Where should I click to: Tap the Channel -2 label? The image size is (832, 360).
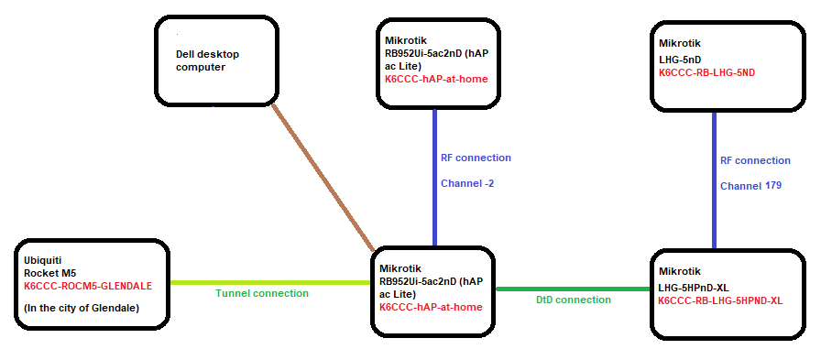(x=467, y=183)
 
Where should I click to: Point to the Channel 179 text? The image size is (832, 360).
(x=750, y=186)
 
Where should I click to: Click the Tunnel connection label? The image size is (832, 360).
(x=262, y=293)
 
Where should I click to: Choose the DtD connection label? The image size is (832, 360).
(x=573, y=300)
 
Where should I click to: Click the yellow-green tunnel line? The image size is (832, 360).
(x=266, y=282)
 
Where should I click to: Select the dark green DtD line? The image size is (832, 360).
(x=573, y=289)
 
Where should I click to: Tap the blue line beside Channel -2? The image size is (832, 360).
(x=434, y=174)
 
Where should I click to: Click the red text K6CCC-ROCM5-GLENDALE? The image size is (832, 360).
(x=88, y=286)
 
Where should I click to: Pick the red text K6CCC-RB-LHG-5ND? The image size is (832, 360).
(x=706, y=71)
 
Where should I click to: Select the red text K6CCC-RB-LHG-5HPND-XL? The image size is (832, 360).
(x=720, y=300)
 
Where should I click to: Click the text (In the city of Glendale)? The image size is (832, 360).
(x=82, y=308)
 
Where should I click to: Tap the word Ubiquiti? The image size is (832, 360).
(x=44, y=260)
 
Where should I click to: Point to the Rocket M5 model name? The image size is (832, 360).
(x=51, y=273)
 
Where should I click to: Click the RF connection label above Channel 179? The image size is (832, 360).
(x=755, y=160)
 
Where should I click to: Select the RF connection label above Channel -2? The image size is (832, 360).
(x=476, y=158)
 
